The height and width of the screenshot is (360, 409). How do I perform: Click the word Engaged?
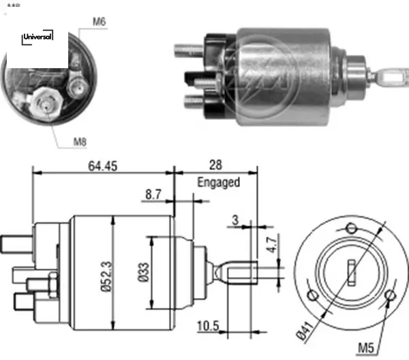[218, 182]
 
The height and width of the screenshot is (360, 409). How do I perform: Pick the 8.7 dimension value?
[153, 195]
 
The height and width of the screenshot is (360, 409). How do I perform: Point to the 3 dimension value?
[234, 220]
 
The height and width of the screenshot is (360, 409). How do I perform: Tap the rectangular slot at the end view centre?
[351, 272]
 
